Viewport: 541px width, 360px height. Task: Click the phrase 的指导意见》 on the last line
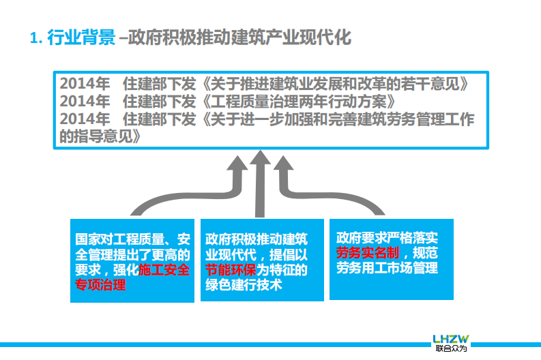[102, 136]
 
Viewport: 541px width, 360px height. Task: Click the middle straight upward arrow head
[260, 160]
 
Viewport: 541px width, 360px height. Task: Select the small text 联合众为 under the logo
[451, 350]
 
